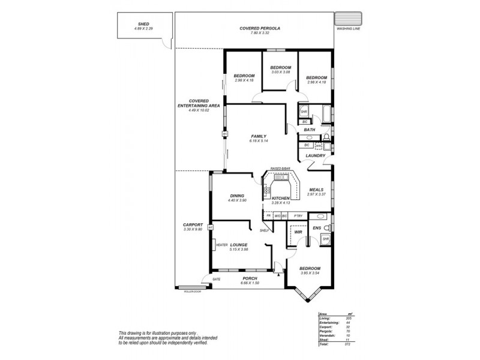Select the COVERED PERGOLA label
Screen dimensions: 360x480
[x=260, y=28]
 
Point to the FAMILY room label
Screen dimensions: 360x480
[x=258, y=136]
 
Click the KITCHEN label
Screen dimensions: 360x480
[x=281, y=198]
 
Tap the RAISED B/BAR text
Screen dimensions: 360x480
[x=281, y=169]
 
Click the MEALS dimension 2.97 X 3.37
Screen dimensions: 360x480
[x=316, y=194]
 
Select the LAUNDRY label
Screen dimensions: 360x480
[x=315, y=156]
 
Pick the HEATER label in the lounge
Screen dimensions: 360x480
[x=221, y=245]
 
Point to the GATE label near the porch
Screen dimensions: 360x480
[x=216, y=279]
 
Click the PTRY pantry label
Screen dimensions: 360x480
[x=298, y=215]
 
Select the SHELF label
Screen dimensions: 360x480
[x=263, y=230]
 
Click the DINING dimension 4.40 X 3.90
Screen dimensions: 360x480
[x=237, y=200]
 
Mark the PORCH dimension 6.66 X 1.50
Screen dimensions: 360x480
[x=250, y=283]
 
